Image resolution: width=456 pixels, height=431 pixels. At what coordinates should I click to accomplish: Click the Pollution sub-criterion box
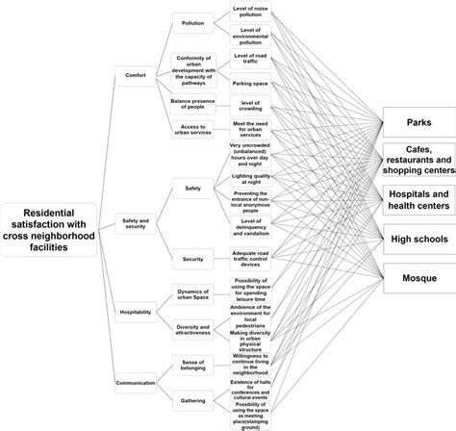(193, 21)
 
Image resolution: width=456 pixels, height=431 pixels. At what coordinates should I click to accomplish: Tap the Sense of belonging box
(193, 361)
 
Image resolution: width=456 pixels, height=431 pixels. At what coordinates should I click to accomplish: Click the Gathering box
(193, 399)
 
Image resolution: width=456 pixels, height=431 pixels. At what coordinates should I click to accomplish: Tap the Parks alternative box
(418, 123)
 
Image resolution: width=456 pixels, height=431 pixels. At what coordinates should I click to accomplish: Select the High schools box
(418, 237)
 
